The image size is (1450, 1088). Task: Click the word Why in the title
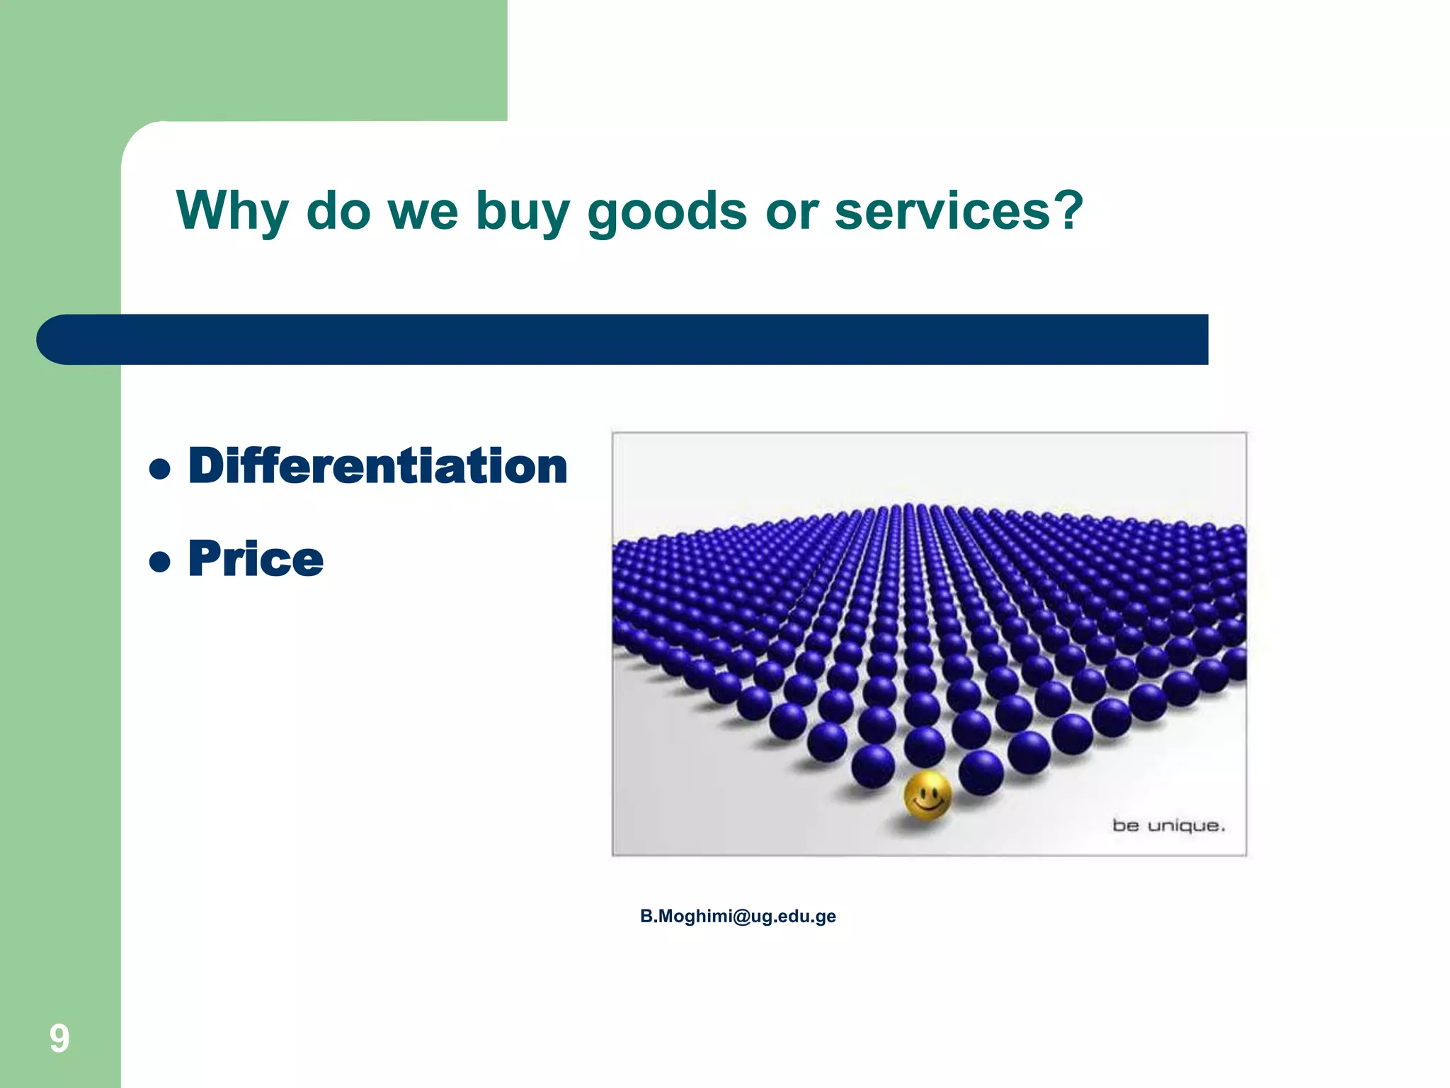232,210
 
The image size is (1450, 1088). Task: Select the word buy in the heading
523,210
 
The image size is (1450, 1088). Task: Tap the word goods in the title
667,210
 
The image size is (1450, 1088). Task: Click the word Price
256,559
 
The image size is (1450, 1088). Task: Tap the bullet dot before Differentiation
160,469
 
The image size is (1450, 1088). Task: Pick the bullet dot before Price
160,562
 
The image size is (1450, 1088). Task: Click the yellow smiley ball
927,795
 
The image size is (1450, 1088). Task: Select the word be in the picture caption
1125,825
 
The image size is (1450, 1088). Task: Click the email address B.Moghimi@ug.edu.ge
738,916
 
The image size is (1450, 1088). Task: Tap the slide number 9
59,1038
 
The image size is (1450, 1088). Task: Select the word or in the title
792,210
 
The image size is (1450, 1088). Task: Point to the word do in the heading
338,210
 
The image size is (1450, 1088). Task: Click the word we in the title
423,210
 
